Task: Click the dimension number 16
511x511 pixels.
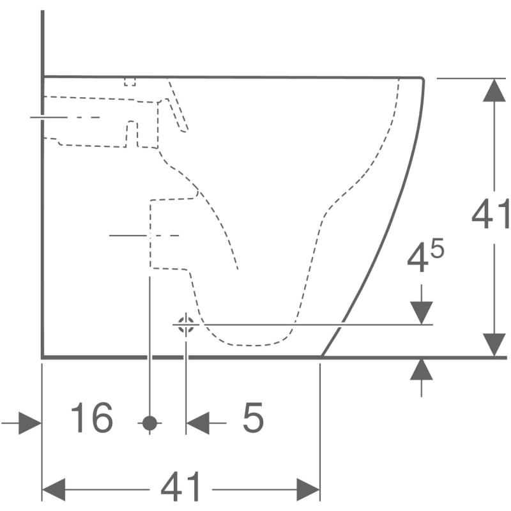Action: click(x=92, y=418)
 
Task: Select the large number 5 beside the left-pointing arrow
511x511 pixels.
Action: click(x=253, y=418)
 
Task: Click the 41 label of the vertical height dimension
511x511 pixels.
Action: click(x=491, y=214)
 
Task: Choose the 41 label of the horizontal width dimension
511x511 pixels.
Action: click(x=181, y=489)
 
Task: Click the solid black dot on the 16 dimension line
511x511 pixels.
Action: click(x=149, y=422)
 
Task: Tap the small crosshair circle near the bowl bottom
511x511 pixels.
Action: click(x=186, y=324)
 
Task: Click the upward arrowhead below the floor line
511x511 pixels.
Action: click(x=421, y=369)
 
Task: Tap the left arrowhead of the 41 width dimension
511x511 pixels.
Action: click(x=54, y=490)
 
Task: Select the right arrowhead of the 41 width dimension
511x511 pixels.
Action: click(x=308, y=490)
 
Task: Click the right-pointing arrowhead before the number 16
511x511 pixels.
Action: click(x=30, y=423)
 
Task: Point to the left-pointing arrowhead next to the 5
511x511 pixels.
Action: click(x=198, y=423)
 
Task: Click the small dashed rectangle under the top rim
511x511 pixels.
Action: click(x=130, y=81)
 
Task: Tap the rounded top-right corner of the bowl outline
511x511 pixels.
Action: click(x=422, y=79)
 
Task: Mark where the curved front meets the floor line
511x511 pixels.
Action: click(x=321, y=356)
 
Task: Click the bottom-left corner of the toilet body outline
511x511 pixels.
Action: click(x=42, y=356)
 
